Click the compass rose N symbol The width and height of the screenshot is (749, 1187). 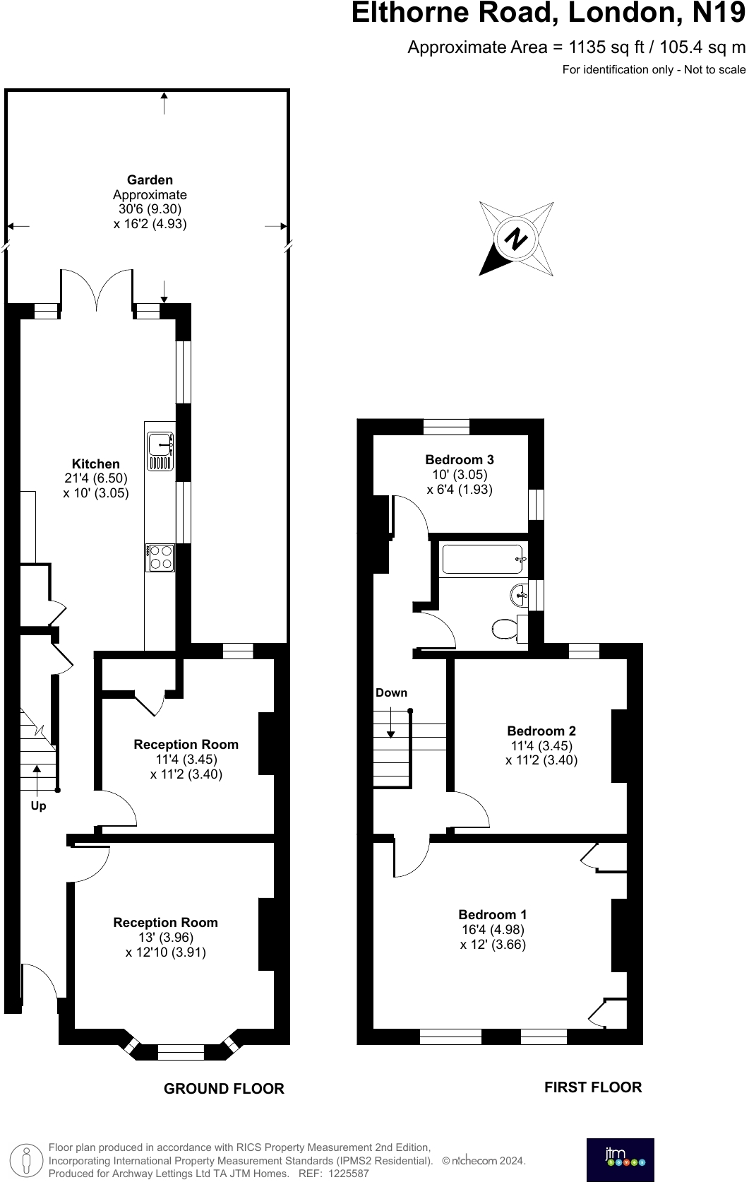click(516, 239)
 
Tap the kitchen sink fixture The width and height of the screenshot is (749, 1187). click(160, 451)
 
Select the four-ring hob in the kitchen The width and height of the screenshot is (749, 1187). click(160, 557)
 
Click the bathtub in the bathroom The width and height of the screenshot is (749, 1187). click(482, 559)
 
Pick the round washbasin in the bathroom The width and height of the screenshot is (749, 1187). click(519, 595)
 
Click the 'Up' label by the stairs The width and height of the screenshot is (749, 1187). click(38, 805)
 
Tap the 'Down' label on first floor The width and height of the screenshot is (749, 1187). click(391, 692)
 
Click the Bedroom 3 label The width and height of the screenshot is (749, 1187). click(459, 460)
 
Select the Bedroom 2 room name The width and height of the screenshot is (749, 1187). click(541, 731)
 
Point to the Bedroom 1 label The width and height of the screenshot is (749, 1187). click(492, 914)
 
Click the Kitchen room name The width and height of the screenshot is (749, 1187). click(96, 463)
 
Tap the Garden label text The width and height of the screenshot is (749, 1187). click(150, 180)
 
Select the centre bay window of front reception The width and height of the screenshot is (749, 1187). click(181, 1052)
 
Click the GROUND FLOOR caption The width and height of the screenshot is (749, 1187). click(224, 1089)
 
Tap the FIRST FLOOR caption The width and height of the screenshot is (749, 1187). click(592, 1087)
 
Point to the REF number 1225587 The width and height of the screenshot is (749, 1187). click(344, 1174)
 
